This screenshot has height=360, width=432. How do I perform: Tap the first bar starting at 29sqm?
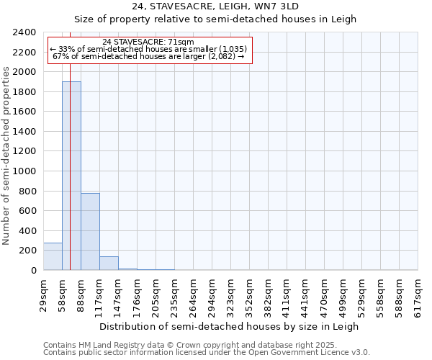(x=53, y=256)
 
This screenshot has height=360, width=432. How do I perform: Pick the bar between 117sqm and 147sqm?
(x=109, y=264)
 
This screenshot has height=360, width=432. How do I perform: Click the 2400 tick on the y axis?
(x=25, y=32)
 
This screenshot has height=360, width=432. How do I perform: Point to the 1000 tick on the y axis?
(x=25, y=171)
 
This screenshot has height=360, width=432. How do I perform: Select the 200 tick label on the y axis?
(x=28, y=251)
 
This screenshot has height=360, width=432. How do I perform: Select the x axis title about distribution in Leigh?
(x=229, y=326)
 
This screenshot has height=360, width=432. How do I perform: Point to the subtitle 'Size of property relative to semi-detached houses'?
(x=216, y=19)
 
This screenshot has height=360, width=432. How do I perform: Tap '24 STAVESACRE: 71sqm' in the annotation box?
(x=148, y=42)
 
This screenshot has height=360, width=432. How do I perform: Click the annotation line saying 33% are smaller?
(x=148, y=49)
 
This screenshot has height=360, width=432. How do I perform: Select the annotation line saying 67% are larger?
(x=148, y=56)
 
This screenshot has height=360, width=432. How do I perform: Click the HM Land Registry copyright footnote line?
(x=185, y=346)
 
